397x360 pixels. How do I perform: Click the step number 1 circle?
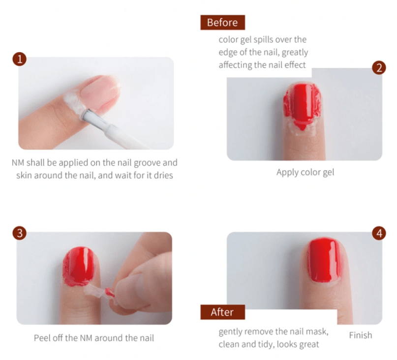tap(19, 60)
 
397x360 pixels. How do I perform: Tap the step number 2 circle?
tap(378, 68)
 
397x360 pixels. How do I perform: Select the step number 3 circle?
tap(19, 233)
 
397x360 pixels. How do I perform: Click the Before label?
tap(222, 23)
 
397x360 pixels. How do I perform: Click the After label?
tap(222, 312)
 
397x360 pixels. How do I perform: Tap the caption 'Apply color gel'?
tap(305, 173)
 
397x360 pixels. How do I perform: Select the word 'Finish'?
tap(360, 335)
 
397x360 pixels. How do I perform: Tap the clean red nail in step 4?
tap(324, 260)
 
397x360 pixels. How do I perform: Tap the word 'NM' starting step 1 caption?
tap(18, 163)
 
